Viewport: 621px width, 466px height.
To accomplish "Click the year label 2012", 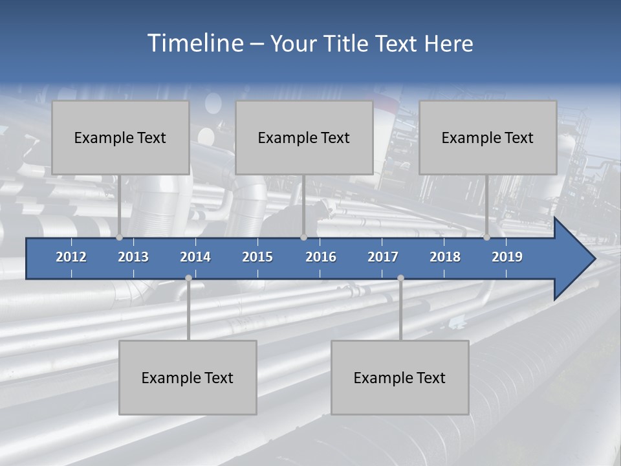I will pyautogui.click(x=71, y=257).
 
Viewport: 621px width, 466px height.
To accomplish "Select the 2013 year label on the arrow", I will pyautogui.click(x=133, y=257).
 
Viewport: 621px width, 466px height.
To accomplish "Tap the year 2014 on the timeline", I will pyautogui.click(x=195, y=257).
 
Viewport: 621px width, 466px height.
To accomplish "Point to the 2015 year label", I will pyautogui.click(x=257, y=257).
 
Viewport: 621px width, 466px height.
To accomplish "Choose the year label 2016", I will pyautogui.click(x=321, y=257).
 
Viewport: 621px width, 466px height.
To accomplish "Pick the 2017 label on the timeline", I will pyautogui.click(x=383, y=257).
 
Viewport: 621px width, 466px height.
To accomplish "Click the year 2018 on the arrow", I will pyautogui.click(x=445, y=257).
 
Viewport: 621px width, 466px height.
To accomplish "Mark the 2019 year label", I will pyautogui.click(x=507, y=257).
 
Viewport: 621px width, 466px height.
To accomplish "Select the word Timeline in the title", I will pyautogui.click(x=194, y=43).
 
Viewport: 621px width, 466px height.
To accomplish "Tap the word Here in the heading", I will pyautogui.click(x=448, y=44).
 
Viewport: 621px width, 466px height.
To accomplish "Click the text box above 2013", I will pyautogui.click(x=120, y=137).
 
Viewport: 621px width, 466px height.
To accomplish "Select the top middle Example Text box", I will pyautogui.click(x=304, y=137).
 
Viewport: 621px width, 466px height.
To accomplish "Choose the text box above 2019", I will pyautogui.click(x=488, y=137).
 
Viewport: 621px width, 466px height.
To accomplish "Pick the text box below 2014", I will pyautogui.click(x=188, y=377).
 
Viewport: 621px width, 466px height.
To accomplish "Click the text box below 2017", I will pyautogui.click(x=400, y=377).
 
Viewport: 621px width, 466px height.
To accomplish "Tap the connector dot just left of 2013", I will pyautogui.click(x=120, y=238).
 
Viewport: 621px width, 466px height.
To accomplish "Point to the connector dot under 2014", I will pyautogui.click(x=188, y=278).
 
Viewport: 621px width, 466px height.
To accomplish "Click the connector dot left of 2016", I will pyautogui.click(x=303, y=238).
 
